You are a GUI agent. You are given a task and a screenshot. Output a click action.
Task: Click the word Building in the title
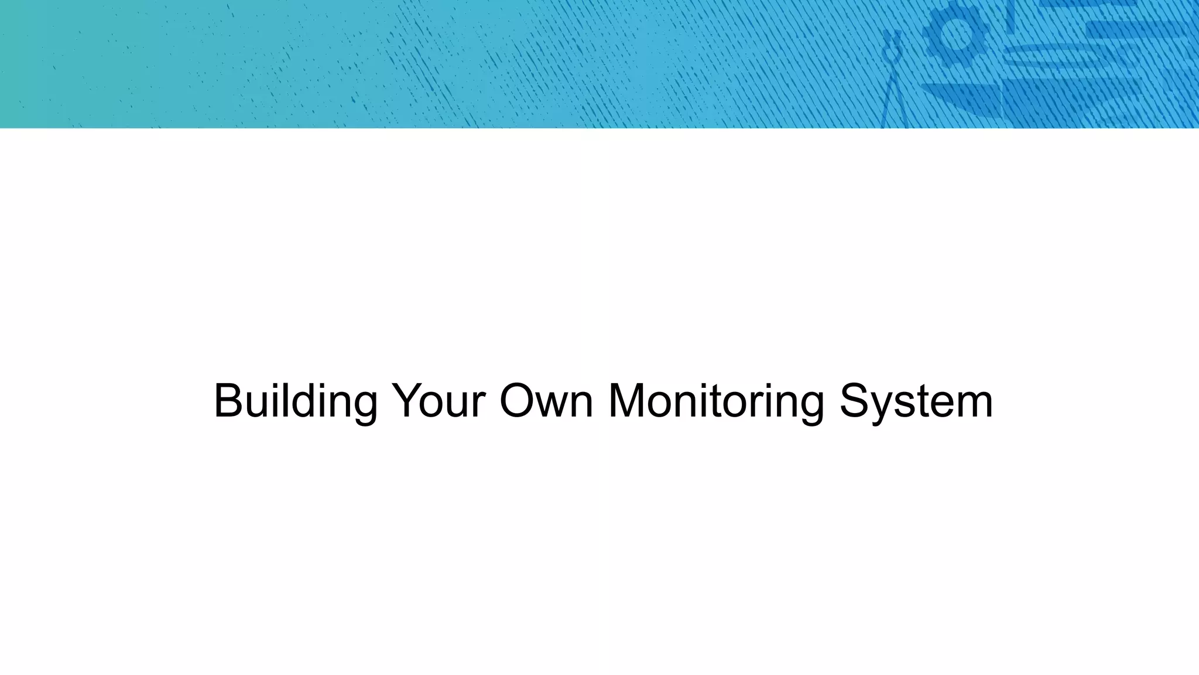[x=295, y=402]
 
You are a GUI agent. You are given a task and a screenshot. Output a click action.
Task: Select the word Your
[x=439, y=402]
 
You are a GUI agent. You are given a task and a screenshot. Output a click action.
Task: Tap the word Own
[x=546, y=402]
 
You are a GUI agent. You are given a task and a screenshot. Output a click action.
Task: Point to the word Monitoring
[x=716, y=402]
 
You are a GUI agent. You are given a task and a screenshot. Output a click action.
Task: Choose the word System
[x=916, y=402]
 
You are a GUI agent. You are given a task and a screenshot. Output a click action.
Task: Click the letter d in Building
[x=304, y=401]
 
